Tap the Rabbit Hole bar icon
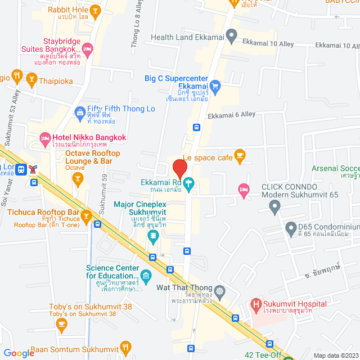coord(95,10)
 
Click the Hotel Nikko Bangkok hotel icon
coord(44,137)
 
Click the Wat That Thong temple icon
coord(219,291)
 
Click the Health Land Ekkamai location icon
coord(231,38)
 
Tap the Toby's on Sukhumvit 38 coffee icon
coord(62,323)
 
